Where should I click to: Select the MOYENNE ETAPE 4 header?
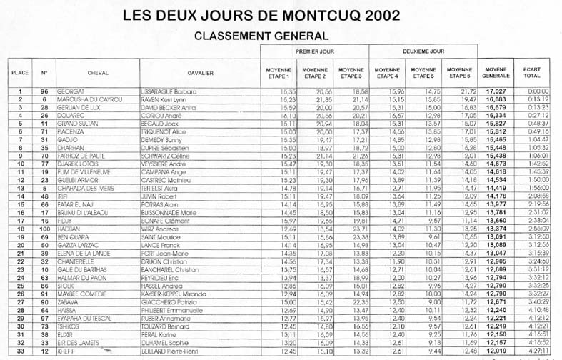tap(388, 72)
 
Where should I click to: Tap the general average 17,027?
tap(497, 92)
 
